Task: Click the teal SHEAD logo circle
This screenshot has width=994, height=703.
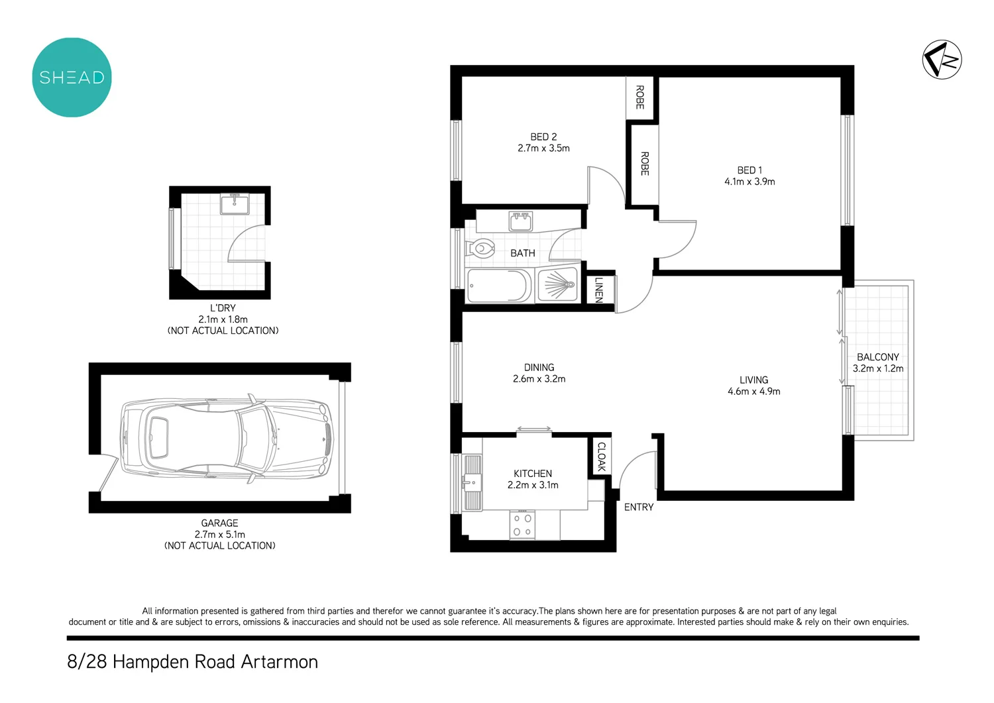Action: click(72, 78)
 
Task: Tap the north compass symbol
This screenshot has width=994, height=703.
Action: click(942, 60)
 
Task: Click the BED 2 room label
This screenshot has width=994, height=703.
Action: click(543, 136)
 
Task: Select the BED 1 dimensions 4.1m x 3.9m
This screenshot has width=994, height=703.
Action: click(749, 182)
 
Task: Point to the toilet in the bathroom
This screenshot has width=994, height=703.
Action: click(482, 249)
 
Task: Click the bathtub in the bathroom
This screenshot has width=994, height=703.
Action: click(499, 286)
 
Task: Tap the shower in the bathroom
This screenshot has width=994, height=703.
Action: click(558, 285)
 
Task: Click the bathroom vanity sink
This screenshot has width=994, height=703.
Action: click(521, 221)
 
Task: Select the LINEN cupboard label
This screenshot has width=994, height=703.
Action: click(599, 290)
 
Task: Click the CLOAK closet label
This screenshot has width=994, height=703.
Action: click(602, 457)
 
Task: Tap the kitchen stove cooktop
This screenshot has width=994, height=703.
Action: click(522, 525)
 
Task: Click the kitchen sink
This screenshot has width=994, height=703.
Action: click(472, 482)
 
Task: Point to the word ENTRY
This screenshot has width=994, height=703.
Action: click(639, 507)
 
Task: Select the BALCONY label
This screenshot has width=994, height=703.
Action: click(877, 356)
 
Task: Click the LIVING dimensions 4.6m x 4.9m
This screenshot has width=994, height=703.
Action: click(753, 392)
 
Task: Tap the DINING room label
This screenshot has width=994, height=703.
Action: click(539, 367)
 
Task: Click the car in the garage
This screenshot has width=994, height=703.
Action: click(226, 438)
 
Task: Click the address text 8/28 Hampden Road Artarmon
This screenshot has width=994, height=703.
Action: click(192, 661)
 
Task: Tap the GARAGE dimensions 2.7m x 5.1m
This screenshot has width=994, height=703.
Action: click(219, 534)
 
